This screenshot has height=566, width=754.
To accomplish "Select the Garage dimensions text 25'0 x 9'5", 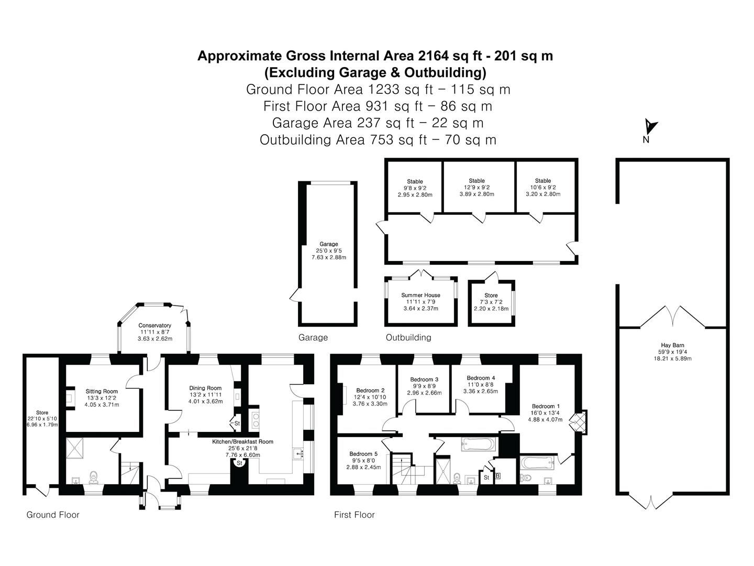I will pyautogui.click(x=329, y=251).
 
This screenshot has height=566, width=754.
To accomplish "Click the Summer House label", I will pyautogui.click(x=420, y=295).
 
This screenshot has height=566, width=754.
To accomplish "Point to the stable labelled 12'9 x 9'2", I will pyautogui.click(x=476, y=181).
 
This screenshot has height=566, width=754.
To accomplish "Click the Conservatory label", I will pyautogui.click(x=154, y=325).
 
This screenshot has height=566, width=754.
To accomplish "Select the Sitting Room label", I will pyautogui.click(x=102, y=391).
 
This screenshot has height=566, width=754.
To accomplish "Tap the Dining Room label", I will pyautogui.click(x=205, y=388).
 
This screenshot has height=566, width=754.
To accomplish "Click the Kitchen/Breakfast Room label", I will pyautogui.click(x=242, y=442).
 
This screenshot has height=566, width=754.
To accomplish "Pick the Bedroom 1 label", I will pyautogui.click(x=546, y=406).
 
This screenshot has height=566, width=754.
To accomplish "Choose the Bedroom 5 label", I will pyautogui.click(x=365, y=454).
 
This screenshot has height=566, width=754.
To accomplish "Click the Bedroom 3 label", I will pyautogui.click(x=424, y=379).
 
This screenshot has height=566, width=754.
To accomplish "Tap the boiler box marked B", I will pyautogui.click(x=498, y=476).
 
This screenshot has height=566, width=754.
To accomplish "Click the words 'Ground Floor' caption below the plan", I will pyautogui.click(x=53, y=515).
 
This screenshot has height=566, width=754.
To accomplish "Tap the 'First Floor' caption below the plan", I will pyautogui.click(x=354, y=515).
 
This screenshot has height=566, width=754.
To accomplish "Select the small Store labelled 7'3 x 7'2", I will pyautogui.click(x=491, y=296).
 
